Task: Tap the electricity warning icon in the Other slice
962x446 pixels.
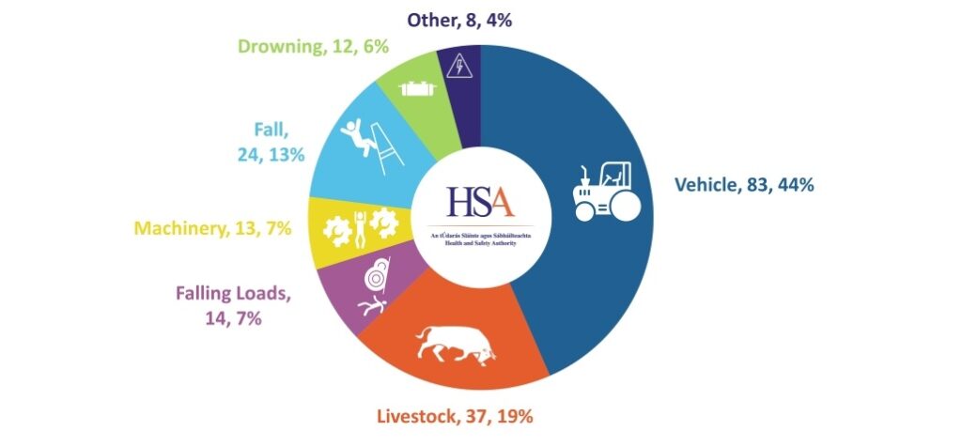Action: tap(459, 67)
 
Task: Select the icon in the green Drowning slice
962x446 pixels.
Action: tap(414, 89)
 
